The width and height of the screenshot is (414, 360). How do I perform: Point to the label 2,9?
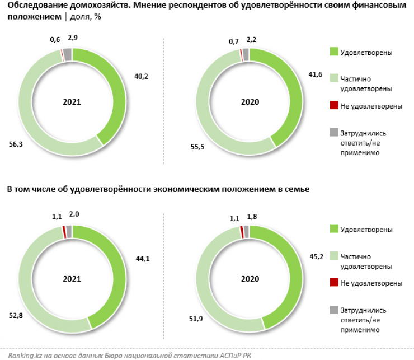tap(73, 38)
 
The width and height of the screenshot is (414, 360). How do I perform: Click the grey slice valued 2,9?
tap(68, 54)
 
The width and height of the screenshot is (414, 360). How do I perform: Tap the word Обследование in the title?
tap(32, 7)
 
